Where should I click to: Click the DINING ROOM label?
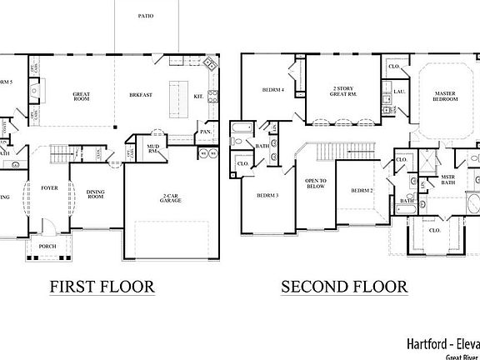(x=96, y=195)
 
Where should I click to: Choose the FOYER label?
(x=50, y=188)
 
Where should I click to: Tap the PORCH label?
(x=46, y=245)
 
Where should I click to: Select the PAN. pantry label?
(x=204, y=132)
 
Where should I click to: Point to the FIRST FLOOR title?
(x=102, y=287)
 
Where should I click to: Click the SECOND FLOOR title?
(x=343, y=287)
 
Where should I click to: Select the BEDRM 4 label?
(x=272, y=89)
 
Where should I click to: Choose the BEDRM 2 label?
(x=362, y=191)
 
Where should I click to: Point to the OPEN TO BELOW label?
(x=316, y=185)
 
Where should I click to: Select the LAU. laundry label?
(x=399, y=92)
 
